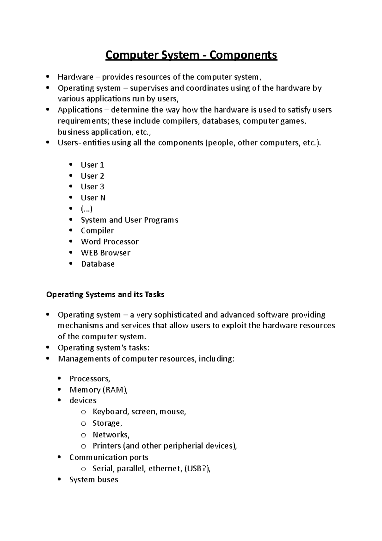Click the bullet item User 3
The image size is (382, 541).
[92, 187]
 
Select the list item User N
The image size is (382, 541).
[93, 198]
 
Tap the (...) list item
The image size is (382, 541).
[87, 209]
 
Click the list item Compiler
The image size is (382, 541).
[97, 231]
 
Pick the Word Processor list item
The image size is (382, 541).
[110, 242]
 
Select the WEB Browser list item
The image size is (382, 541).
[105, 253]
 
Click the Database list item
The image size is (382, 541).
[98, 264]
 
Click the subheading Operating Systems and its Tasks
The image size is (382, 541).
[105, 295]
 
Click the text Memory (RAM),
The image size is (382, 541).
[98, 390]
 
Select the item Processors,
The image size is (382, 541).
[90, 379]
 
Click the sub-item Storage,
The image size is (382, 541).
[107, 423]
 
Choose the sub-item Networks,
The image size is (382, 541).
[111, 435]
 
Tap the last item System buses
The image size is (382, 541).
[94, 480]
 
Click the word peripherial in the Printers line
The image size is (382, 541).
[186, 446]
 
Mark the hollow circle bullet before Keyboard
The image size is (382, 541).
[83, 412]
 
